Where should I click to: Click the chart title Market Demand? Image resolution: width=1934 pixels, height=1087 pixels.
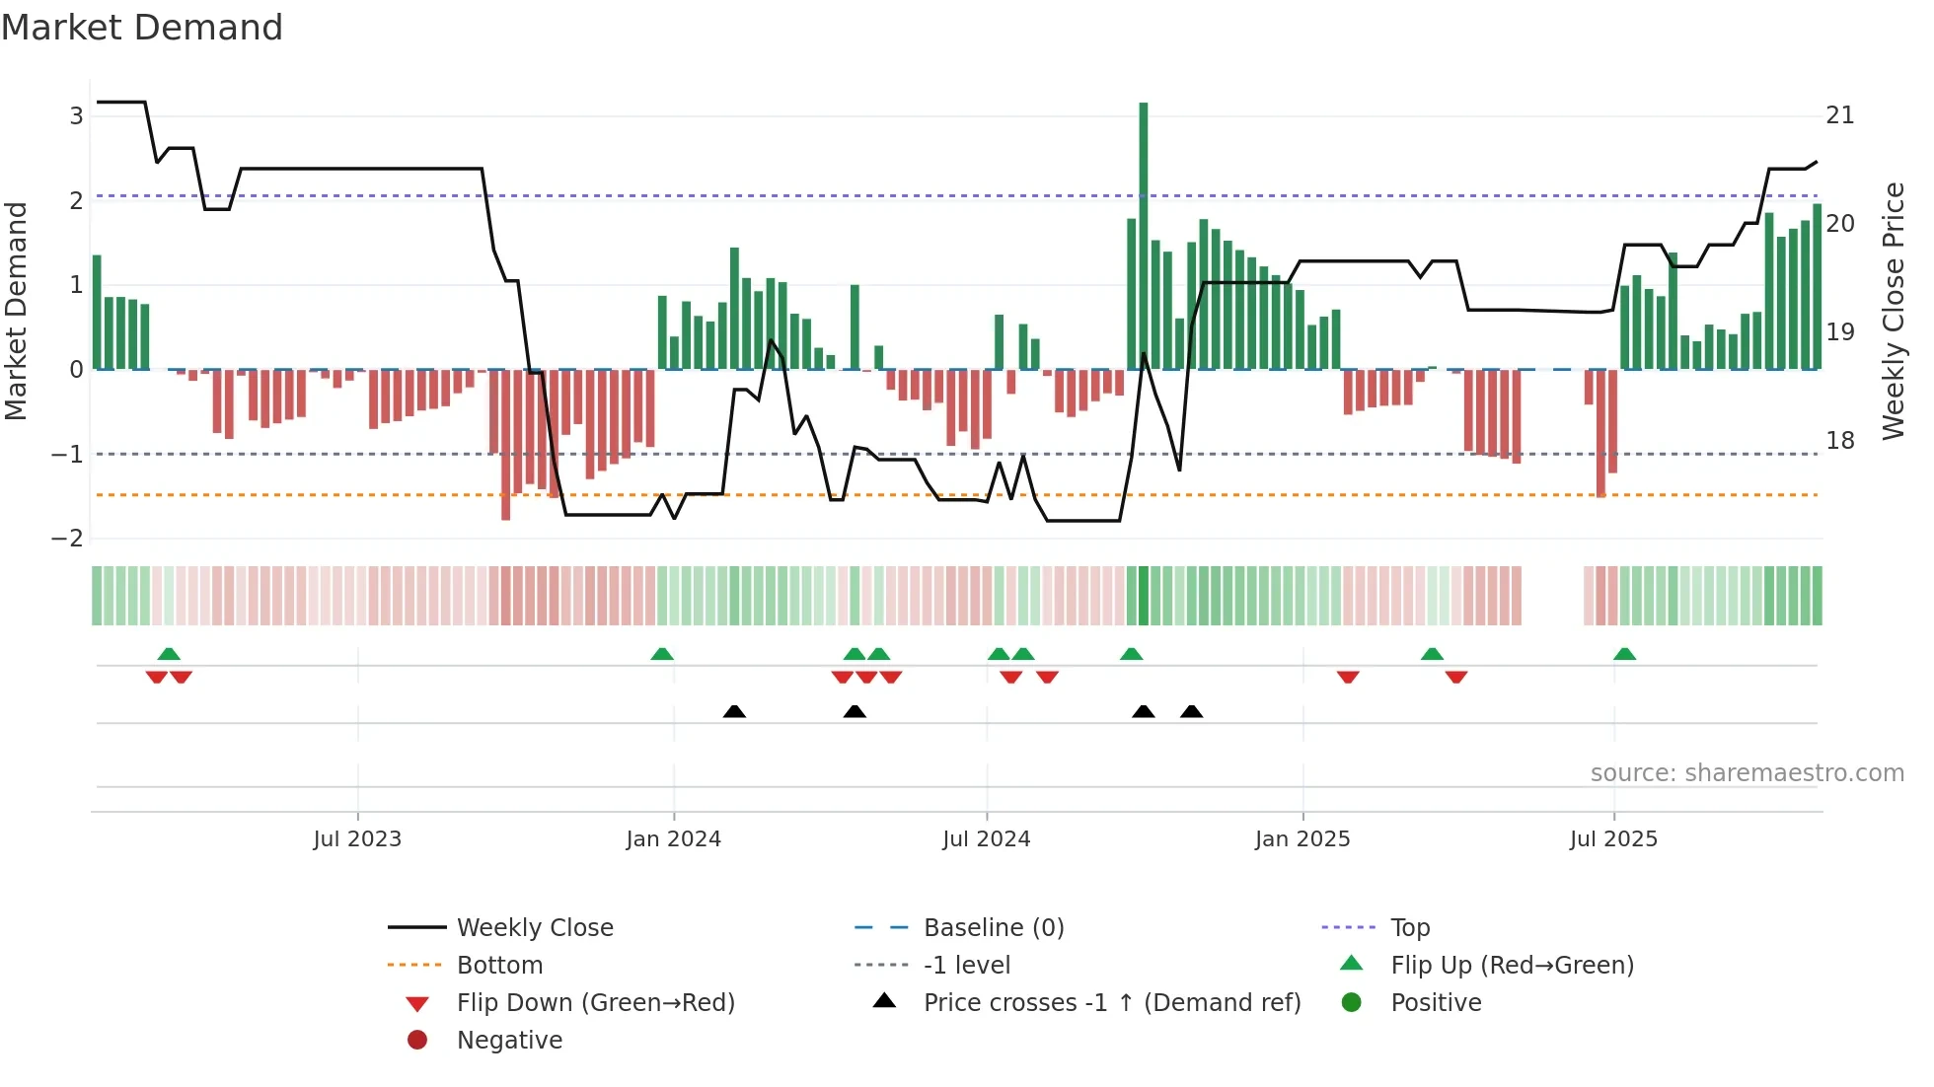[142, 28]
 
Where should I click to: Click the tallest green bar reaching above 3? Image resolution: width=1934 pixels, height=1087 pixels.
[1143, 237]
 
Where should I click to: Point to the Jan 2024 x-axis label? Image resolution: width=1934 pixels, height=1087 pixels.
[673, 839]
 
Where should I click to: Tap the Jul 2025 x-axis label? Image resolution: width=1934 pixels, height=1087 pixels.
[1613, 839]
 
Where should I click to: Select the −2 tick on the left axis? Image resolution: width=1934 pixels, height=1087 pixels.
[67, 539]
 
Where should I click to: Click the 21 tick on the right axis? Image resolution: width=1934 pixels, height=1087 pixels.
[1839, 116]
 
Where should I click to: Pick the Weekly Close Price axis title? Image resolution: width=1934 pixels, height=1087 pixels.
[1893, 311]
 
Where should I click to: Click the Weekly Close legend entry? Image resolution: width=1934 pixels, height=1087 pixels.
[534, 928]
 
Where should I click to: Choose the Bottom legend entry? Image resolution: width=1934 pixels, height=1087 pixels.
[499, 966]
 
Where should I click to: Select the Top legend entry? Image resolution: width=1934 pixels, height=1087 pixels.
[1409, 928]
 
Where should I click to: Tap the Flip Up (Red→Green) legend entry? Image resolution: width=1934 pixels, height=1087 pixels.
[1512, 966]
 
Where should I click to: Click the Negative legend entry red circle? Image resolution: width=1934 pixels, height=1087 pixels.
[417, 1041]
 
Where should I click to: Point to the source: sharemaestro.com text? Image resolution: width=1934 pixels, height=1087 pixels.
[1747, 773]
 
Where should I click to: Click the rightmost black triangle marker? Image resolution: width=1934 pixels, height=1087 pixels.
[1191, 711]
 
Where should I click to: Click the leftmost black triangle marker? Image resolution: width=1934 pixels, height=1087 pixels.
[734, 711]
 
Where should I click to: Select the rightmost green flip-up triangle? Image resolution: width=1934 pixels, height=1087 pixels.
[1624, 654]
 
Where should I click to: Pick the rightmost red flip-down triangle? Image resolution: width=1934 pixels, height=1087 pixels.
[1456, 677]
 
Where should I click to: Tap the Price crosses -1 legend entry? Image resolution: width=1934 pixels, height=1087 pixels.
[1111, 1003]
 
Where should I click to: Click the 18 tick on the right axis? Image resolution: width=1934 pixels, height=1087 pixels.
[1839, 441]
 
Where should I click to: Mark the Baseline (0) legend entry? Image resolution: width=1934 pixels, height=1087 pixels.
[993, 928]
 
